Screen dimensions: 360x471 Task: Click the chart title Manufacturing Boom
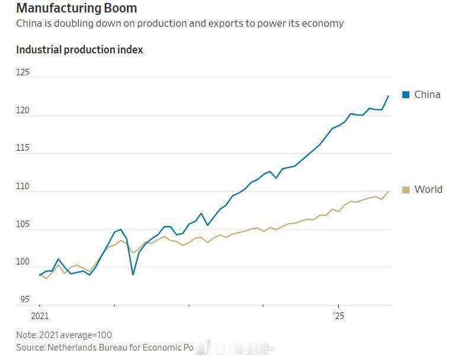76,8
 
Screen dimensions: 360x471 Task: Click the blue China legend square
406,95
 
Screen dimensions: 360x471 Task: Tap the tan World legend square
406,190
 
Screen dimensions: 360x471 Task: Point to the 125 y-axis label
23,72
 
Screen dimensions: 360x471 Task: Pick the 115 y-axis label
23,148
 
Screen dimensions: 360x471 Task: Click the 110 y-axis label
23,186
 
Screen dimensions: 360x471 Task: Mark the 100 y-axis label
23,262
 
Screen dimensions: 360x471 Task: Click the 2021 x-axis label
40,316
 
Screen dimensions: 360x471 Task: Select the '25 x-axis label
338,316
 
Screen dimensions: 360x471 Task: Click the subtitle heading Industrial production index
79,50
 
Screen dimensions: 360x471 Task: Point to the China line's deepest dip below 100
133,275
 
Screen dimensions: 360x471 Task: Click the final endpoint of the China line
389,96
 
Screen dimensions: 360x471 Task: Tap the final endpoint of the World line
389,191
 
